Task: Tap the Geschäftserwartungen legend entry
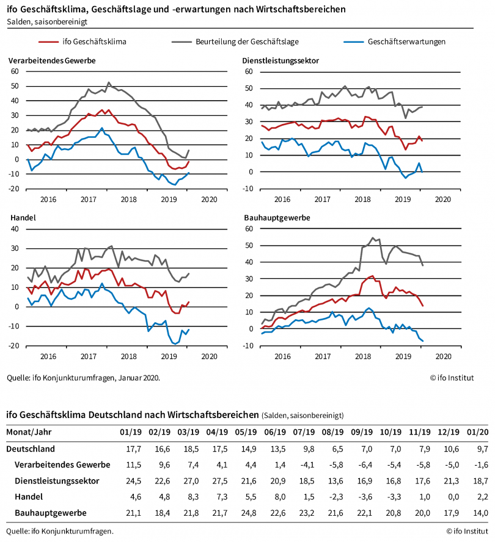[406, 42]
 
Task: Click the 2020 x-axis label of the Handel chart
[209, 356]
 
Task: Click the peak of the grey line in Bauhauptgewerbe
[373, 238]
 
